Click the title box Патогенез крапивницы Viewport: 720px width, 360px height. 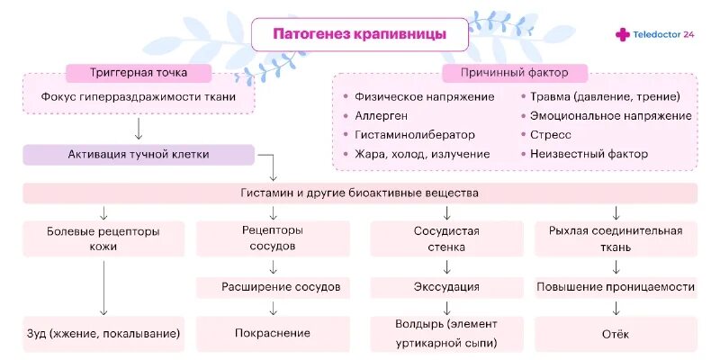359,36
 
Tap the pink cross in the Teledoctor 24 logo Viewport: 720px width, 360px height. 623,34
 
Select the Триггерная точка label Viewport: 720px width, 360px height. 139,72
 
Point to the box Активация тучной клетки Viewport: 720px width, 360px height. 139,154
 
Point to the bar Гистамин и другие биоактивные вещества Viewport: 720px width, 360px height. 360,193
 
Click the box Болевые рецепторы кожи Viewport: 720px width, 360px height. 103,238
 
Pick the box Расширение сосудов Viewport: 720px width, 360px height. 281,287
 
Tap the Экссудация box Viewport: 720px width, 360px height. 446,287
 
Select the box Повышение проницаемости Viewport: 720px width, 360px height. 616,287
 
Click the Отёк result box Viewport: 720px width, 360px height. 616,334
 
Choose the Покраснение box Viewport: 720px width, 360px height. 273,333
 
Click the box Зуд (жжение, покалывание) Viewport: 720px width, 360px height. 103,333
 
